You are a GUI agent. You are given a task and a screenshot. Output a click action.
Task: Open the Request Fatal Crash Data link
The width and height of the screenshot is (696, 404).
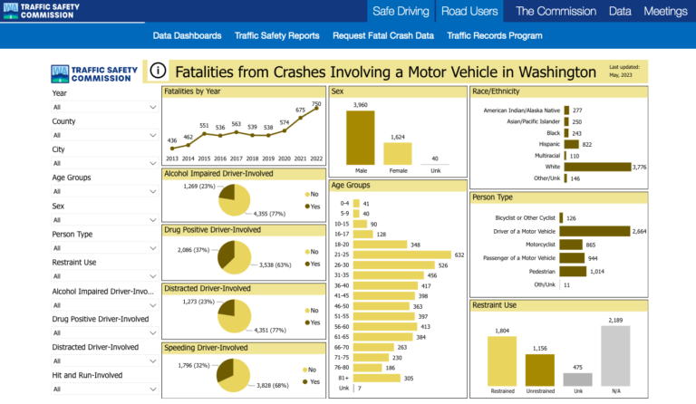point(382,36)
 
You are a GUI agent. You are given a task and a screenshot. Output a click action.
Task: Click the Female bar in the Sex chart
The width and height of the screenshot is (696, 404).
point(397,153)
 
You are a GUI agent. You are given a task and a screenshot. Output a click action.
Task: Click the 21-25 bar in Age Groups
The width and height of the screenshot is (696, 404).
point(401,255)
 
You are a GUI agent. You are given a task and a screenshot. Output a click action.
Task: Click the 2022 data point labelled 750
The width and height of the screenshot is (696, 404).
point(316,111)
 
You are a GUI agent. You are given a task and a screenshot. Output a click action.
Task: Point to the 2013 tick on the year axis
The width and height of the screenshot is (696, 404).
point(171,158)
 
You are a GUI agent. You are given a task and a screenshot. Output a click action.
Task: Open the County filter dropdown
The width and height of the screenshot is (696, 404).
point(104,135)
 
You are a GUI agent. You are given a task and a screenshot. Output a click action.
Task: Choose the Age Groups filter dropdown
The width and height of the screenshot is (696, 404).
point(104,191)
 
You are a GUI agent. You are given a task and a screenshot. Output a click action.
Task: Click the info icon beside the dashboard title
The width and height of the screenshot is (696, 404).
point(158,71)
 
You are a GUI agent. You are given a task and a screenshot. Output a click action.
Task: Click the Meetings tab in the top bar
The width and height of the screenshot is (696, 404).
point(665,11)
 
